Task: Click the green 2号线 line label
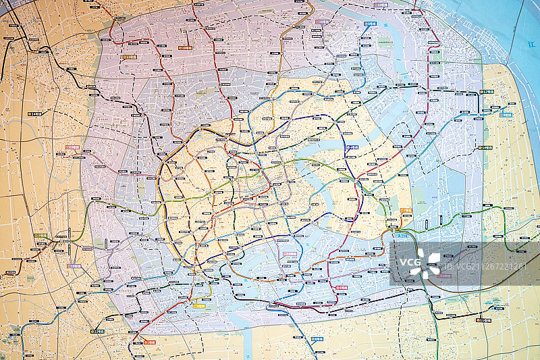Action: [40, 236]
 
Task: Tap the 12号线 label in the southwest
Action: [97, 332]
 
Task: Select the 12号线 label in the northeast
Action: [487, 91]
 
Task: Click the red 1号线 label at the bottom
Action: [150, 342]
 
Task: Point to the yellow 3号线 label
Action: [198, 306]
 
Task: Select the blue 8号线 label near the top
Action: [370, 24]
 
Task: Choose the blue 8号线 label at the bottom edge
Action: [317, 339]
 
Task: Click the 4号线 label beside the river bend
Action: [352, 147]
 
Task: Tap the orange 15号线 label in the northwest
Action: [131, 57]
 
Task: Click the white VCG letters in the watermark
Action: [409, 261]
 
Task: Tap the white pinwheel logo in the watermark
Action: [427, 261]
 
